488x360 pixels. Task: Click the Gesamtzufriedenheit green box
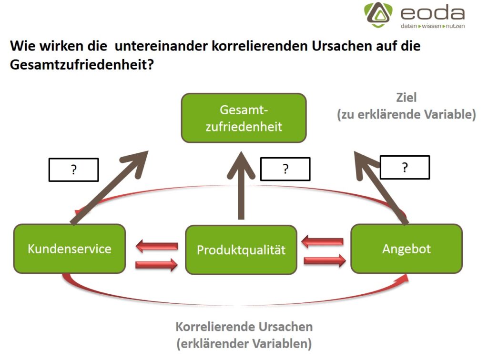pyautogui.click(x=244, y=118)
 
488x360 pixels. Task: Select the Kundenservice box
pyautogui.click(x=70, y=249)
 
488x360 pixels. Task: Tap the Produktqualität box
pyautogui.click(x=241, y=250)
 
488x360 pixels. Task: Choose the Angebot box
pyautogui.click(x=407, y=249)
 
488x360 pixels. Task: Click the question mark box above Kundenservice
pyautogui.click(x=73, y=170)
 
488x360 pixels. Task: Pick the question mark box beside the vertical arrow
pyautogui.click(x=285, y=169)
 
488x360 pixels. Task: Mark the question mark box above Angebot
pyautogui.click(x=405, y=167)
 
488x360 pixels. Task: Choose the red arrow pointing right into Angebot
pyautogui.click(x=325, y=260)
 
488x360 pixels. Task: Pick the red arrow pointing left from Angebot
pyautogui.click(x=323, y=241)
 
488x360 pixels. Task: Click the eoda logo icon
pyautogui.click(x=379, y=14)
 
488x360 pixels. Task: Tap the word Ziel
pyautogui.click(x=406, y=98)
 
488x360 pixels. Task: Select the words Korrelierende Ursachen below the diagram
pyautogui.click(x=244, y=327)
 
